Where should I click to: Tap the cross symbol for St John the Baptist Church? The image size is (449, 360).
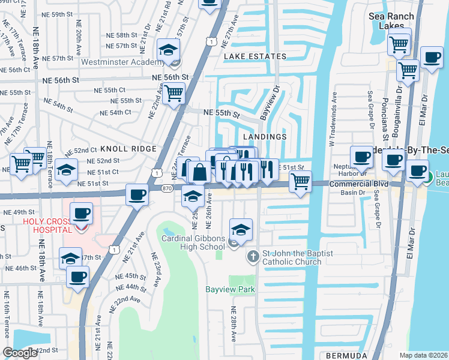click(253, 257)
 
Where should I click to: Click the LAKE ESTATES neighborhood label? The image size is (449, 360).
click(255, 56)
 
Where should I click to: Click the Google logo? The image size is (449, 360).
click(20, 353)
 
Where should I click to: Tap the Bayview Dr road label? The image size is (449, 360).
click(269, 102)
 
